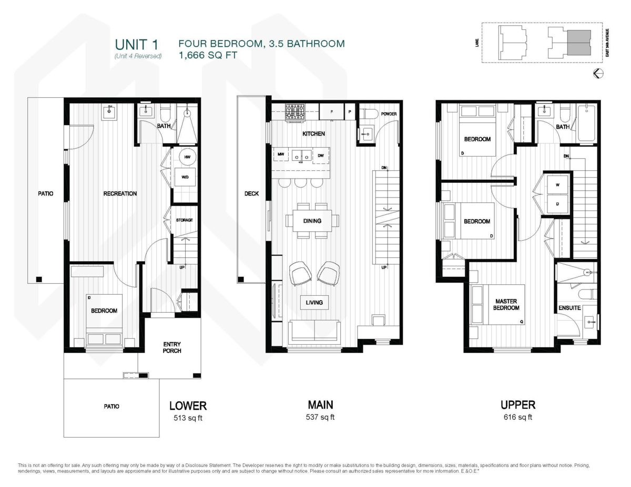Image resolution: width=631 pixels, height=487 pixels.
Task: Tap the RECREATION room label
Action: coord(120,193)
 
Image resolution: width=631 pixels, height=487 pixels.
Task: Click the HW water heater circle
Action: coord(186,157)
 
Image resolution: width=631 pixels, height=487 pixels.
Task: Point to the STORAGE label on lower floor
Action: coord(184,220)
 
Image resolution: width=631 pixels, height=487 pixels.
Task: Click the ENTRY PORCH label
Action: coord(172,347)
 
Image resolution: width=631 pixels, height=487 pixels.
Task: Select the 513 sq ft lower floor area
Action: coord(188,419)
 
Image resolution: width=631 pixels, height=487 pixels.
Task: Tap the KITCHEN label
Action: coord(313,134)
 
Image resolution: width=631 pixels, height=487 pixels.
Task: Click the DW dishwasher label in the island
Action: coord(321,156)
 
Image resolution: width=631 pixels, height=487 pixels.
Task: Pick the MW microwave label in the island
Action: coord(281,156)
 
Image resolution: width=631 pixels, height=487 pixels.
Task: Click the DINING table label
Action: coord(312,221)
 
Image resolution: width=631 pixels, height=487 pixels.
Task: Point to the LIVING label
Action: coord(314,303)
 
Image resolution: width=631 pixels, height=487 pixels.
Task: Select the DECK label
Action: coord(251,193)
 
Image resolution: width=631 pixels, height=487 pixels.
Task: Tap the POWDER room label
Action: coord(389,114)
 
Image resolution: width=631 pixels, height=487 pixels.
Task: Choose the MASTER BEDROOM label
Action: coord(506,304)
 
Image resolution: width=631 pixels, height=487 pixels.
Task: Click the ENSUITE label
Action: coord(569,308)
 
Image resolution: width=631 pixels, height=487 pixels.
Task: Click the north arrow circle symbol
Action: coord(598,74)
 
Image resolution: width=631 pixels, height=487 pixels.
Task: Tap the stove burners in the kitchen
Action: coord(294,111)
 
